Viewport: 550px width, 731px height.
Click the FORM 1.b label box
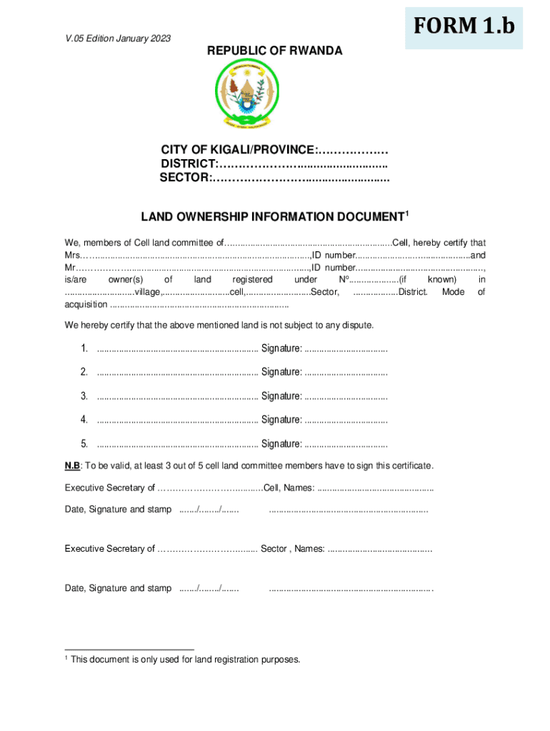click(464, 27)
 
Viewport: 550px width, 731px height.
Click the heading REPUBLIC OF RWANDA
click(275, 51)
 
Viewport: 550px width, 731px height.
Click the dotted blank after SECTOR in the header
click(301, 177)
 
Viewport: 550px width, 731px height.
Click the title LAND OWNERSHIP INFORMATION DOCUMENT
click(271, 216)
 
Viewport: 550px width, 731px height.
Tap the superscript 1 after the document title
click(407, 213)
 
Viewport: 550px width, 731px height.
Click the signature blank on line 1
click(346, 348)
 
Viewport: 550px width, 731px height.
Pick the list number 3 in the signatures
click(84, 396)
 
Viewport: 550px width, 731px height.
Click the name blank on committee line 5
click(177, 444)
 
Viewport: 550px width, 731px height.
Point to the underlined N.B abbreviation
click(72, 466)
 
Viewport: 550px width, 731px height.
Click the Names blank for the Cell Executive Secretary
click(375, 488)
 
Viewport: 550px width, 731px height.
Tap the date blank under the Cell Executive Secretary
click(209, 510)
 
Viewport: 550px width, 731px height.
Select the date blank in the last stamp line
click(209, 589)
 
